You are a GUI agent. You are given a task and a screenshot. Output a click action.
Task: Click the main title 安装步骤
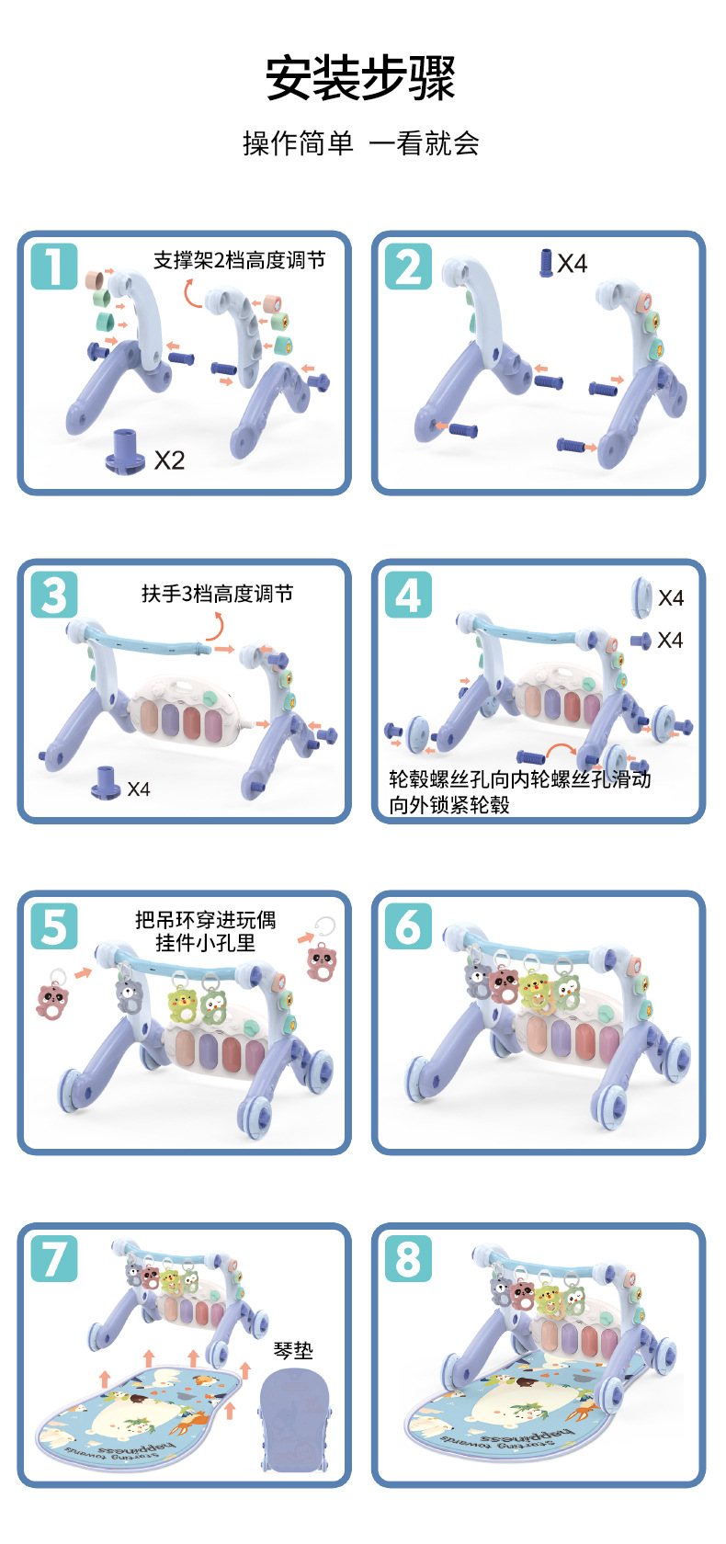[x=360, y=78]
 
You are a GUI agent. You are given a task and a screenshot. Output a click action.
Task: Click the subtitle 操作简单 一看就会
[x=360, y=143]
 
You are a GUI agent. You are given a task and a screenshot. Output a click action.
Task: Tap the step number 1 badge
[x=54, y=267]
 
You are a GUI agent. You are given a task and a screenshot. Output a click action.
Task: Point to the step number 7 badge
[x=54, y=1259]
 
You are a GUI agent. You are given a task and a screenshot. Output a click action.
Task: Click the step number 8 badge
[x=408, y=1259]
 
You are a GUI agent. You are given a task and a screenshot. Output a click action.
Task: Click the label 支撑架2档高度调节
[x=239, y=260]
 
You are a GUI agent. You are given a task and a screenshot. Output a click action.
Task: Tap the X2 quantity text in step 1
[x=169, y=460]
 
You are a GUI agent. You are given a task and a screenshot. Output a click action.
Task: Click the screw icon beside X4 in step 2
[x=545, y=263]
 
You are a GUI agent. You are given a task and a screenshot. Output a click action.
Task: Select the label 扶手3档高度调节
[x=217, y=594]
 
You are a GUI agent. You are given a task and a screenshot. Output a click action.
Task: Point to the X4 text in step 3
[x=139, y=789]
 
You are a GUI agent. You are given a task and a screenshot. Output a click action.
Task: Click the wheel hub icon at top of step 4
[x=641, y=596]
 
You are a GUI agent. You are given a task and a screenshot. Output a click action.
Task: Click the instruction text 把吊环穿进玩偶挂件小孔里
[x=206, y=931]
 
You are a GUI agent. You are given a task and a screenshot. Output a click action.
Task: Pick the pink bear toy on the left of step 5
[x=52, y=994]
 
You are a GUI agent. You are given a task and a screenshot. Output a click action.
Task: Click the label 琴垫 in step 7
[x=294, y=1350]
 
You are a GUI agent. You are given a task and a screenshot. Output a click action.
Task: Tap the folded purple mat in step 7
[x=294, y=1419]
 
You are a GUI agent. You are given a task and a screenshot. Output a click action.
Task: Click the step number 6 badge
[x=408, y=925]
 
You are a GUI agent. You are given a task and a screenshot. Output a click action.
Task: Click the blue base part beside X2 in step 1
[x=125, y=452]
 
